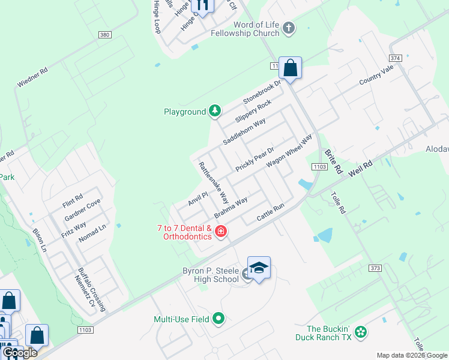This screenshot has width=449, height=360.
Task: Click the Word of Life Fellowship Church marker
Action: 288,28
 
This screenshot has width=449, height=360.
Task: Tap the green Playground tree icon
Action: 215,111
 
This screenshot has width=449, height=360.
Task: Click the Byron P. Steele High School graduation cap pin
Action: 259,268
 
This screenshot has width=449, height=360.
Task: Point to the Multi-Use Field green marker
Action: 218,319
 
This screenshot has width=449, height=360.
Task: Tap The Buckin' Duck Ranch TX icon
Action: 360,332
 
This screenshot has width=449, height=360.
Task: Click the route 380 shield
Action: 105,35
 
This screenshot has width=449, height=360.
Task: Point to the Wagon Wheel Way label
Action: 289,151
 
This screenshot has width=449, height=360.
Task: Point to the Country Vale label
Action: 376,76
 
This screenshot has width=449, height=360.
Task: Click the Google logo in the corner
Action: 20,353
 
